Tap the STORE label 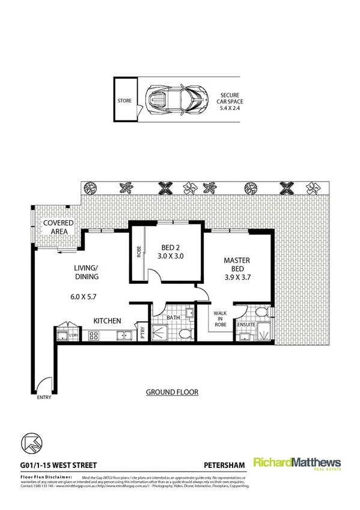click(124, 101)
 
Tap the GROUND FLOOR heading click(172, 392)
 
